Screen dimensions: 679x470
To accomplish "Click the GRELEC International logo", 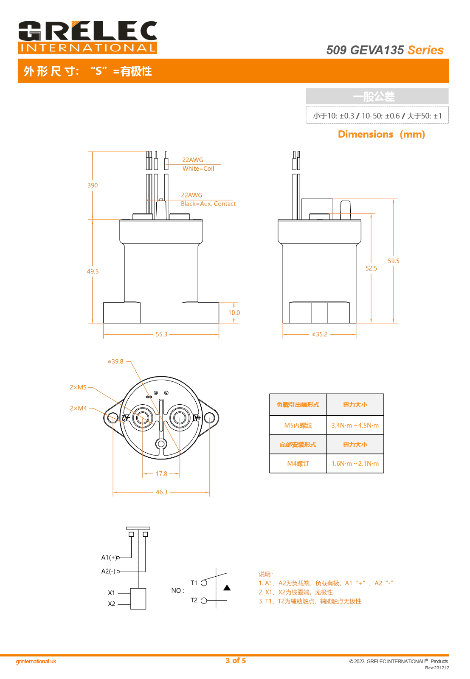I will point(87,37).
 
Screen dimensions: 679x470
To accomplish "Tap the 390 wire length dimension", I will point(93,186).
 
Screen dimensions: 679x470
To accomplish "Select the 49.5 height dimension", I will point(93,271).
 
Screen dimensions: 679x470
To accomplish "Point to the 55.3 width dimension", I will point(161,335).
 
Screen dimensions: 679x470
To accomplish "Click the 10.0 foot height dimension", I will point(234,313).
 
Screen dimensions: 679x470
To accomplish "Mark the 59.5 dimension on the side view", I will point(394,261).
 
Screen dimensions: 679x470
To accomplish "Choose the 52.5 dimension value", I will point(371,268).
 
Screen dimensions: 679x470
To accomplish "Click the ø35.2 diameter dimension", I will point(320,335).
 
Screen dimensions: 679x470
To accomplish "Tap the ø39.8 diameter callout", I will point(115,362).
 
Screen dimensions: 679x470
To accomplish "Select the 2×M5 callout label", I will point(78,388).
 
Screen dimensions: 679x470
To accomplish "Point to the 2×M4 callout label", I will point(78,409).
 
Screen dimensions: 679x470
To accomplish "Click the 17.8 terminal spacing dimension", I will point(161,474).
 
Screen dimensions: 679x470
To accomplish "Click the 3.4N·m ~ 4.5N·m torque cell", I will point(355,425).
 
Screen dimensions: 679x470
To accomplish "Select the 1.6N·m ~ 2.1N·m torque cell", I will point(355,464).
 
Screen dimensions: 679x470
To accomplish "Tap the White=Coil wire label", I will point(198,169).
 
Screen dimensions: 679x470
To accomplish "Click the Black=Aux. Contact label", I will point(208,204).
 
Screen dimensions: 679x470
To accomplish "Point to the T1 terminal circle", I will point(204,583).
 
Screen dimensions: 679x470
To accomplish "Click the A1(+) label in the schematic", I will point(109,558).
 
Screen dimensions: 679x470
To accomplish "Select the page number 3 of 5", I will point(236,661).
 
